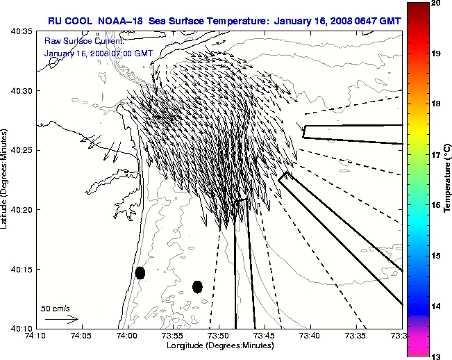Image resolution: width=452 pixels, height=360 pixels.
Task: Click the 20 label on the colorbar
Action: click(x=435, y=3)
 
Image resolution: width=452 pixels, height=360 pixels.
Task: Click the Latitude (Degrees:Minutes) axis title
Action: click(x=5, y=179)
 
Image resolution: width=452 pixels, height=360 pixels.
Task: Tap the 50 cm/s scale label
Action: click(x=56, y=308)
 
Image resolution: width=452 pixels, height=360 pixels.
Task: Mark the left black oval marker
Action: click(x=140, y=272)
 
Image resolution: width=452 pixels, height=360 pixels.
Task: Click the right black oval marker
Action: click(x=197, y=286)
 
